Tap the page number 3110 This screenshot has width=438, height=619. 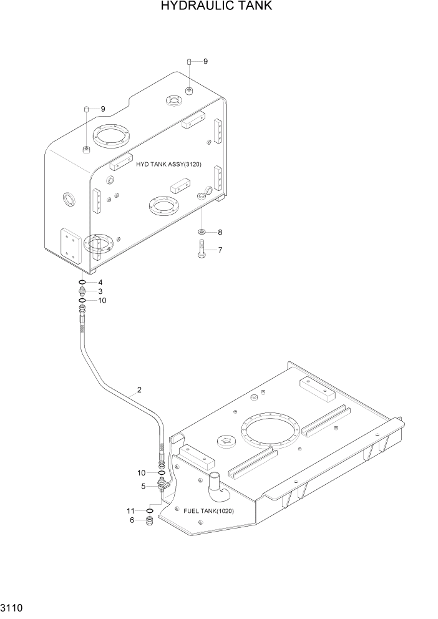(14, 607)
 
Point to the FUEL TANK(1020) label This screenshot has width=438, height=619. (209, 511)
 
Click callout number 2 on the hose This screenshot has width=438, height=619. (139, 391)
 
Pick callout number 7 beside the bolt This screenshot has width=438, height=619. (220, 250)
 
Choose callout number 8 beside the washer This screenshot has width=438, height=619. (220, 232)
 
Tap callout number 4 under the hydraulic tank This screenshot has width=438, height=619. (99, 283)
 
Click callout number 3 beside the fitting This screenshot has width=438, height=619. (99, 291)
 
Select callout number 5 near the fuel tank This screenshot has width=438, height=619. (143, 486)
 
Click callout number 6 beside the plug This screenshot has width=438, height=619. (131, 520)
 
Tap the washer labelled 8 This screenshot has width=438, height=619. (203, 232)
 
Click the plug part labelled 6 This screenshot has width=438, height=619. (150, 521)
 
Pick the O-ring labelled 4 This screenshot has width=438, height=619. (83, 283)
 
